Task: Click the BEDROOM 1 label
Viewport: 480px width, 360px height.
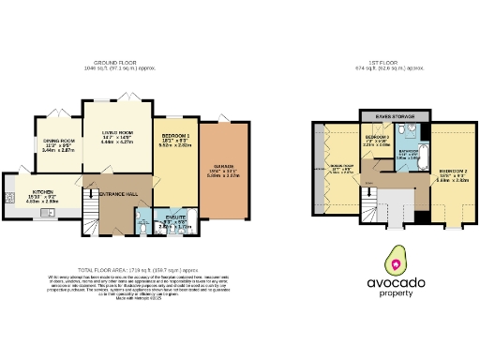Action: pos(175,137)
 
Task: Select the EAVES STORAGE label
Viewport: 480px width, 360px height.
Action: pos(394,116)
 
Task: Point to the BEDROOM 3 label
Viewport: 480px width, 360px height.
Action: pos(376,137)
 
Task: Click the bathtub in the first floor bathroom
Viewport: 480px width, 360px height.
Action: pos(419,151)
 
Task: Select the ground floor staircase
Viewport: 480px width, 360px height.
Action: pos(88,210)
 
